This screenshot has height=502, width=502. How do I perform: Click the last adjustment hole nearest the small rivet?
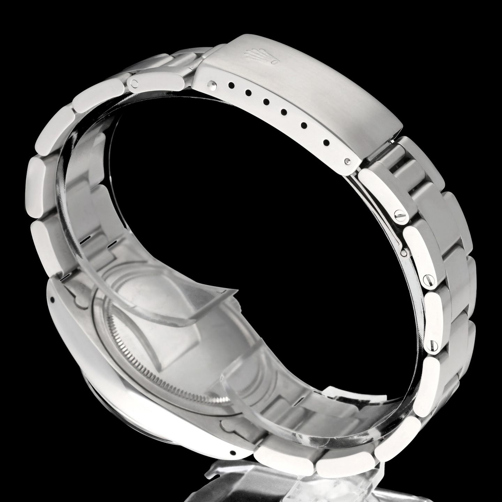click(326, 142)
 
